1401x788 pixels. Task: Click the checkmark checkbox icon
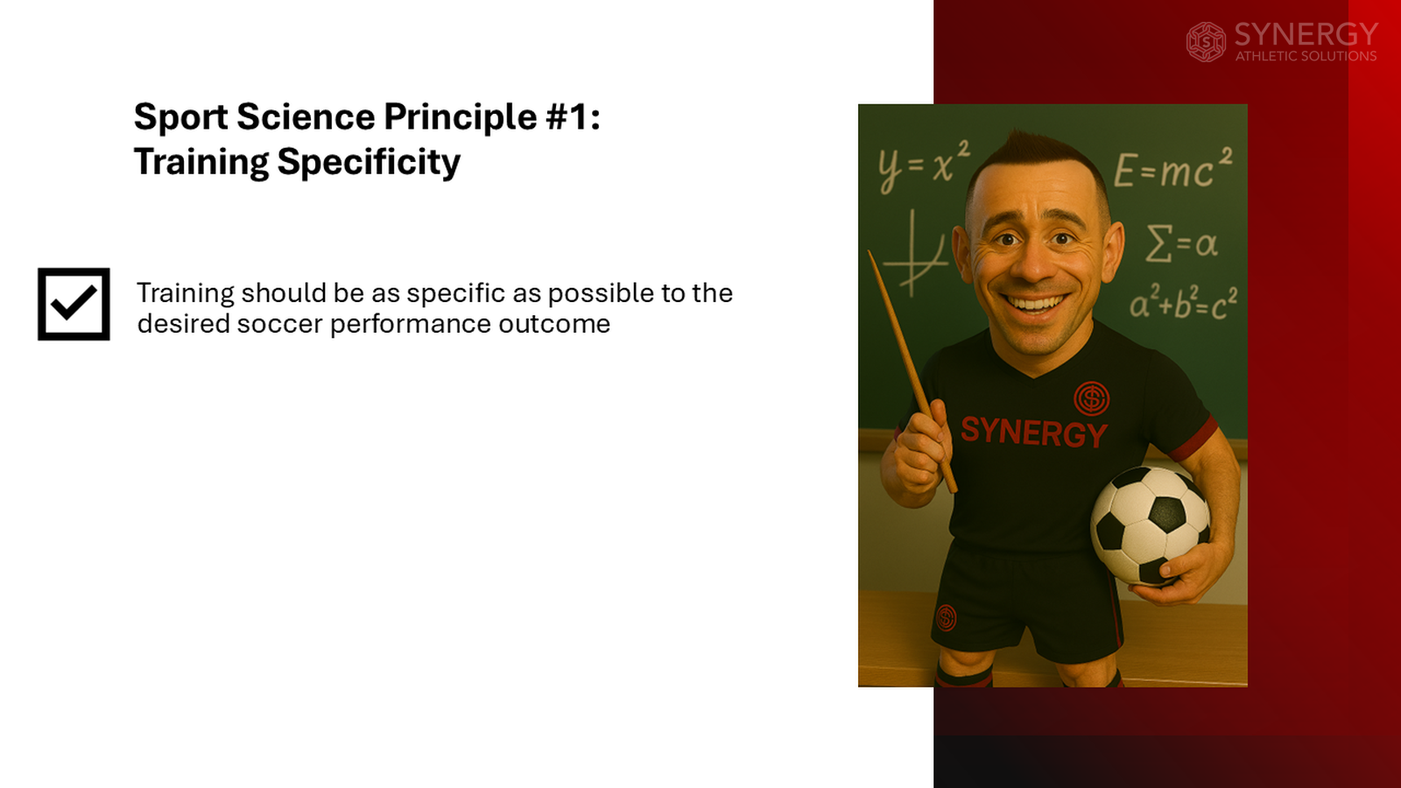[x=74, y=304]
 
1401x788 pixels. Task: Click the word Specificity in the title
[x=369, y=163]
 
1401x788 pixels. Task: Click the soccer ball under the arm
[x=1150, y=524]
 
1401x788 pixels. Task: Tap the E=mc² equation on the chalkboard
[x=1172, y=169]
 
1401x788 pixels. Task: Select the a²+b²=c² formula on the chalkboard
[x=1183, y=303]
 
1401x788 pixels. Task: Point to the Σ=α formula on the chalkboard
[x=1181, y=243]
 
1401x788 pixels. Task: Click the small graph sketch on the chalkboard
[x=914, y=254]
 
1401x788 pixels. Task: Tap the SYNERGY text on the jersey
[x=1033, y=432]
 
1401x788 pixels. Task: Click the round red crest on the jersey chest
[x=1091, y=398]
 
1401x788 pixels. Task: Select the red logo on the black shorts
[x=947, y=617]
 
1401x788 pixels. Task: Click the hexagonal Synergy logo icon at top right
[x=1206, y=42]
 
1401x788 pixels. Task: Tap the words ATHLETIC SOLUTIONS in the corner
[x=1306, y=56]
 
